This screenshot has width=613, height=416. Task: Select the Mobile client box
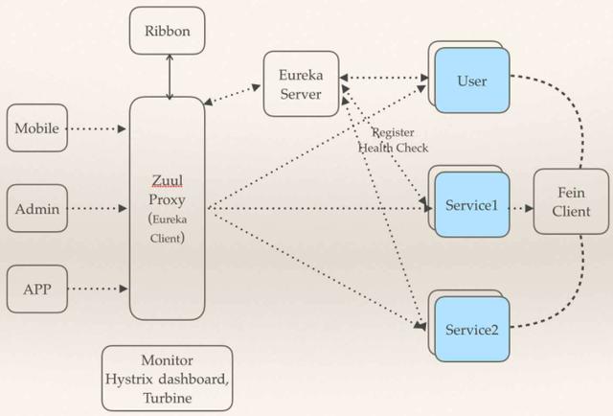tap(36, 127)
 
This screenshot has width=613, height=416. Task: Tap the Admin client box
tap(36, 206)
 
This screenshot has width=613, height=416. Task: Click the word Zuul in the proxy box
tap(167, 179)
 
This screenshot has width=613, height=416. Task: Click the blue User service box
tap(472, 81)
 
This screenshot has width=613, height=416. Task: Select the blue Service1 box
tap(472, 206)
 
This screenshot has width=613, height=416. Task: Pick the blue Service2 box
tap(472, 329)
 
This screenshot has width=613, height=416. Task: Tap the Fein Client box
tap(572, 200)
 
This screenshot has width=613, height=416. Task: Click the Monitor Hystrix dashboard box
tap(168, 378)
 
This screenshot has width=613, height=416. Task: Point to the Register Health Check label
tap(393, 140)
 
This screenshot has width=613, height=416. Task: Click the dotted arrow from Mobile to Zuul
tap(99, 127)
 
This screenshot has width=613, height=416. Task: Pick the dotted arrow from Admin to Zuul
tap(99, 206)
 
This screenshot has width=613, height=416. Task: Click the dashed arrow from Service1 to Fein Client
tap(520, 206)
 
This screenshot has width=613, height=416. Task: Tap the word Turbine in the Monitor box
tap(168, 397)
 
